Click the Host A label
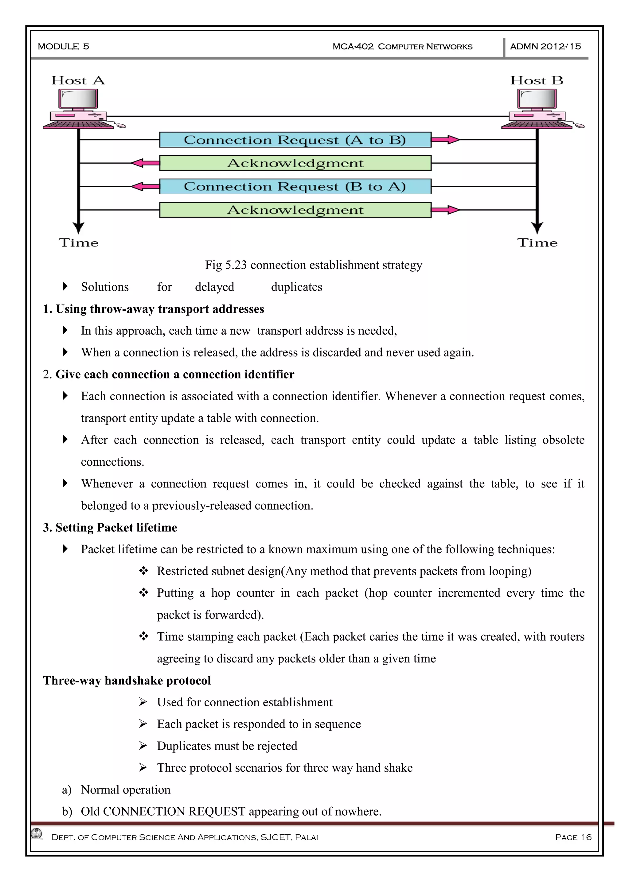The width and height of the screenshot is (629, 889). point(78,80)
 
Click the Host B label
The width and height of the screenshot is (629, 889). point(537,80)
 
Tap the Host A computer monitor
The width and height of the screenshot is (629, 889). point(78,99)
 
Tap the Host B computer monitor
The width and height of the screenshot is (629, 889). point(537,99)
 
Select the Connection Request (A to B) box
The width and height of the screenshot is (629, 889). point(295,140)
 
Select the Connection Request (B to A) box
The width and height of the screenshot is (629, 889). point(295,187)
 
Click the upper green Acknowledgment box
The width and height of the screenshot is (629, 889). point(295,163)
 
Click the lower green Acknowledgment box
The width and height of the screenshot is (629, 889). point(295,210)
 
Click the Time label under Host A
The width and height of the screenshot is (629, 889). point(79,243)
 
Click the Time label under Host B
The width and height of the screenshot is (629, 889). point(537,243)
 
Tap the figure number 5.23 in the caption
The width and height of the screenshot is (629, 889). point(236,265)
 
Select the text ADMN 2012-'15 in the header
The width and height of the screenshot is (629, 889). point(545,46)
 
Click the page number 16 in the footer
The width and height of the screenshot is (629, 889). point(586,837)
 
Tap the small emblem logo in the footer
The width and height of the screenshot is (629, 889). point(37,833)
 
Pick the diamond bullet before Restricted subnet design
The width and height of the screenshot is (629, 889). point(144,571)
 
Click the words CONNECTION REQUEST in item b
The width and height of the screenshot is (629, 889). point(174,812)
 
